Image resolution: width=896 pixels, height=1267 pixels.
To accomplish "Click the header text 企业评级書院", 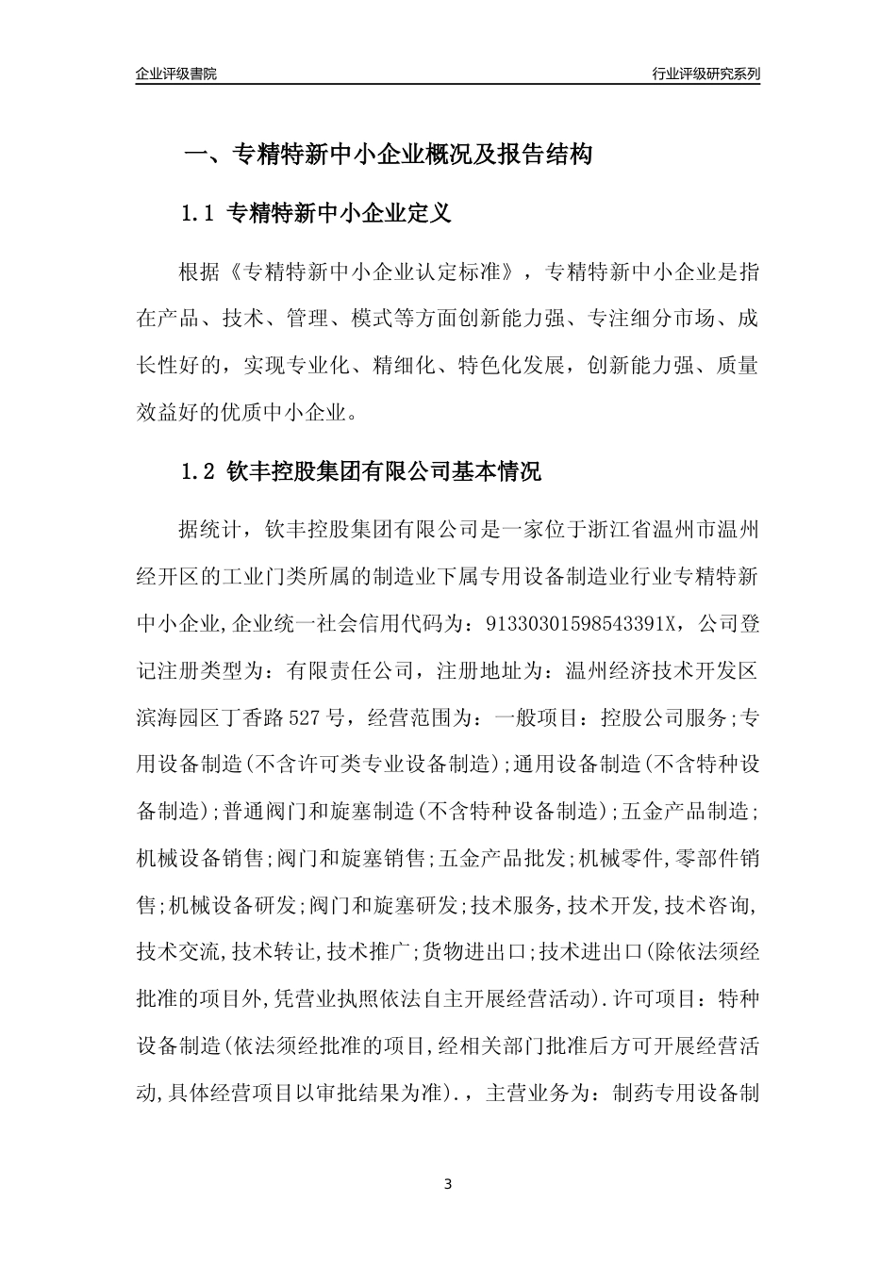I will (176, 74).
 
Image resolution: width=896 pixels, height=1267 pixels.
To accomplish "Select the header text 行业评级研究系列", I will (705, 74).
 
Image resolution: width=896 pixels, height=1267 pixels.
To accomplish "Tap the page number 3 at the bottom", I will (448, 1184).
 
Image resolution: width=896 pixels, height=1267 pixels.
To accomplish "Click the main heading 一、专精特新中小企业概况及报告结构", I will (387, 155).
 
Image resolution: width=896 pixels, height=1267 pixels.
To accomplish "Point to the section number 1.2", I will (199, 471).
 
